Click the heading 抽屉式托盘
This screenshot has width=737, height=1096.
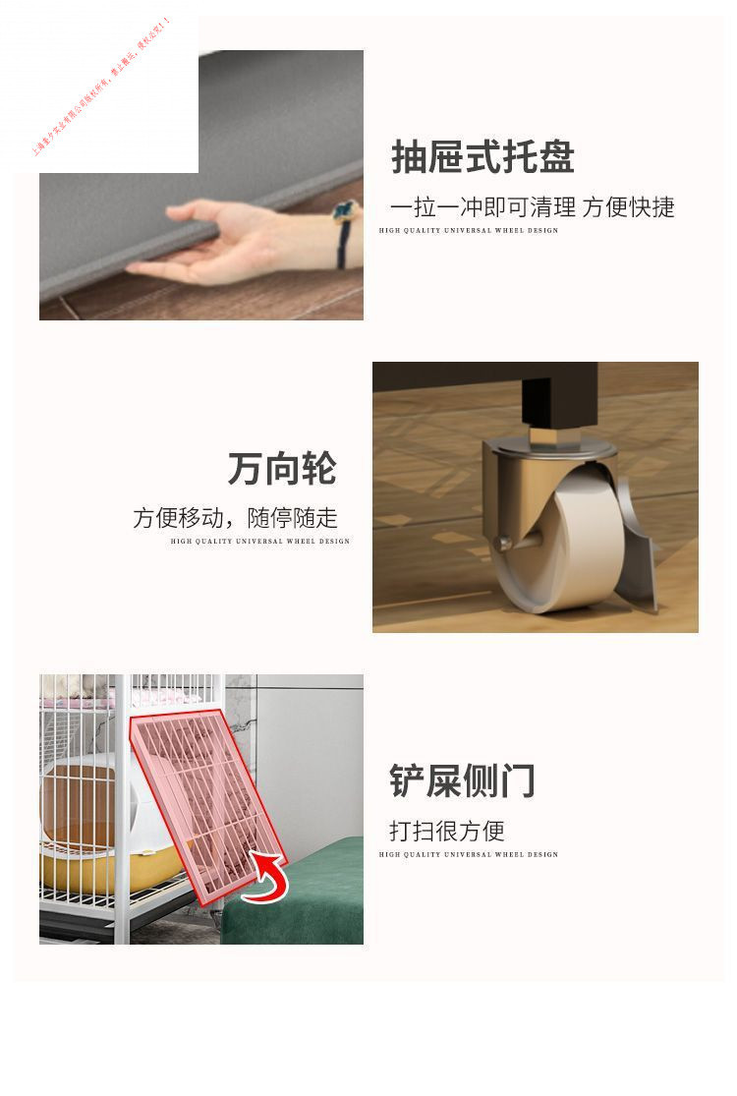tap(482, 157)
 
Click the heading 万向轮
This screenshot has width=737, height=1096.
tap(282, 468)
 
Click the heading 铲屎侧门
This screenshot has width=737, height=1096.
tap(462, 780)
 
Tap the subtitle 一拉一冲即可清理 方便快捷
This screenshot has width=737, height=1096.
tap(532, 207)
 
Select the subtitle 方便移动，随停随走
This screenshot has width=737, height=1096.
tap(235, 518)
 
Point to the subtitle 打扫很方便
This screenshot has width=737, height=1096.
tap(446, 831)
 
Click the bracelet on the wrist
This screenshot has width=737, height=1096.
tap(344, 231)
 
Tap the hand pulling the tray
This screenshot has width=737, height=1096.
tap(226, 241)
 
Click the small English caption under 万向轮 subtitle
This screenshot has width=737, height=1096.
tap(259, 541)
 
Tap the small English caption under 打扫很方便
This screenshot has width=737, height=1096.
tap(468, 854)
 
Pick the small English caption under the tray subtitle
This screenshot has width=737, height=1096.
tap(468, 230)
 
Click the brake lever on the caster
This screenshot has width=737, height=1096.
tap(639, 550)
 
